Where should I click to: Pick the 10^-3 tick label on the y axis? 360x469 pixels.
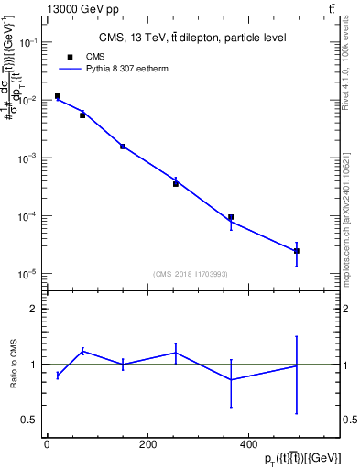28,158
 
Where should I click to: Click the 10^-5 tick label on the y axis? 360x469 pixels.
28,274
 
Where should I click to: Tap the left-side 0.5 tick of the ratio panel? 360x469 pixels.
27,420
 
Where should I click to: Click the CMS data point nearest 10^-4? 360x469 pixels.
231,217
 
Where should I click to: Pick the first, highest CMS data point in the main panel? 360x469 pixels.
57,96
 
